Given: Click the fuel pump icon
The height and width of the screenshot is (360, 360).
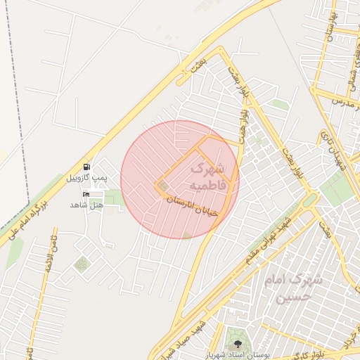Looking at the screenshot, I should [86, 167].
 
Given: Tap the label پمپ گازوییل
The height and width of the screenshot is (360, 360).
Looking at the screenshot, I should [87, 178].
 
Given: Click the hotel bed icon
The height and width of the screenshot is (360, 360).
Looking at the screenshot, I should [86, 194].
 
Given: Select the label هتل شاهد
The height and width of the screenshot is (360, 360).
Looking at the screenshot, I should [86, 204].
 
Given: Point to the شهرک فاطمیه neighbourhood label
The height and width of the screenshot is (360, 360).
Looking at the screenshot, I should [207, 176].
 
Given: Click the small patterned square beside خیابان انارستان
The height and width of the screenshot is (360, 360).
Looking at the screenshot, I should [163, 186].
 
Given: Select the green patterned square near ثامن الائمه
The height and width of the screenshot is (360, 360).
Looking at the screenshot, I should [82, 264].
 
